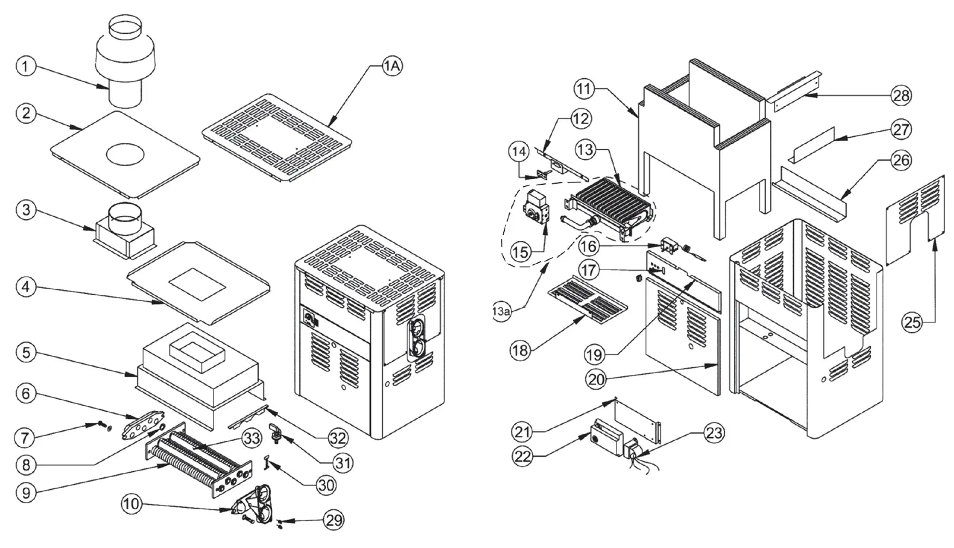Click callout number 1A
point(392,66)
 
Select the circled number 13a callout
point(502,312)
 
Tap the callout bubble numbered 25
point(912,322)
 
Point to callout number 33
point(251,439)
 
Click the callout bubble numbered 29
point(334,520)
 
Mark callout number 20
point(597,379)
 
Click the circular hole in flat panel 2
point(126,154)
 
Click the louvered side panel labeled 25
point(915,218)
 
